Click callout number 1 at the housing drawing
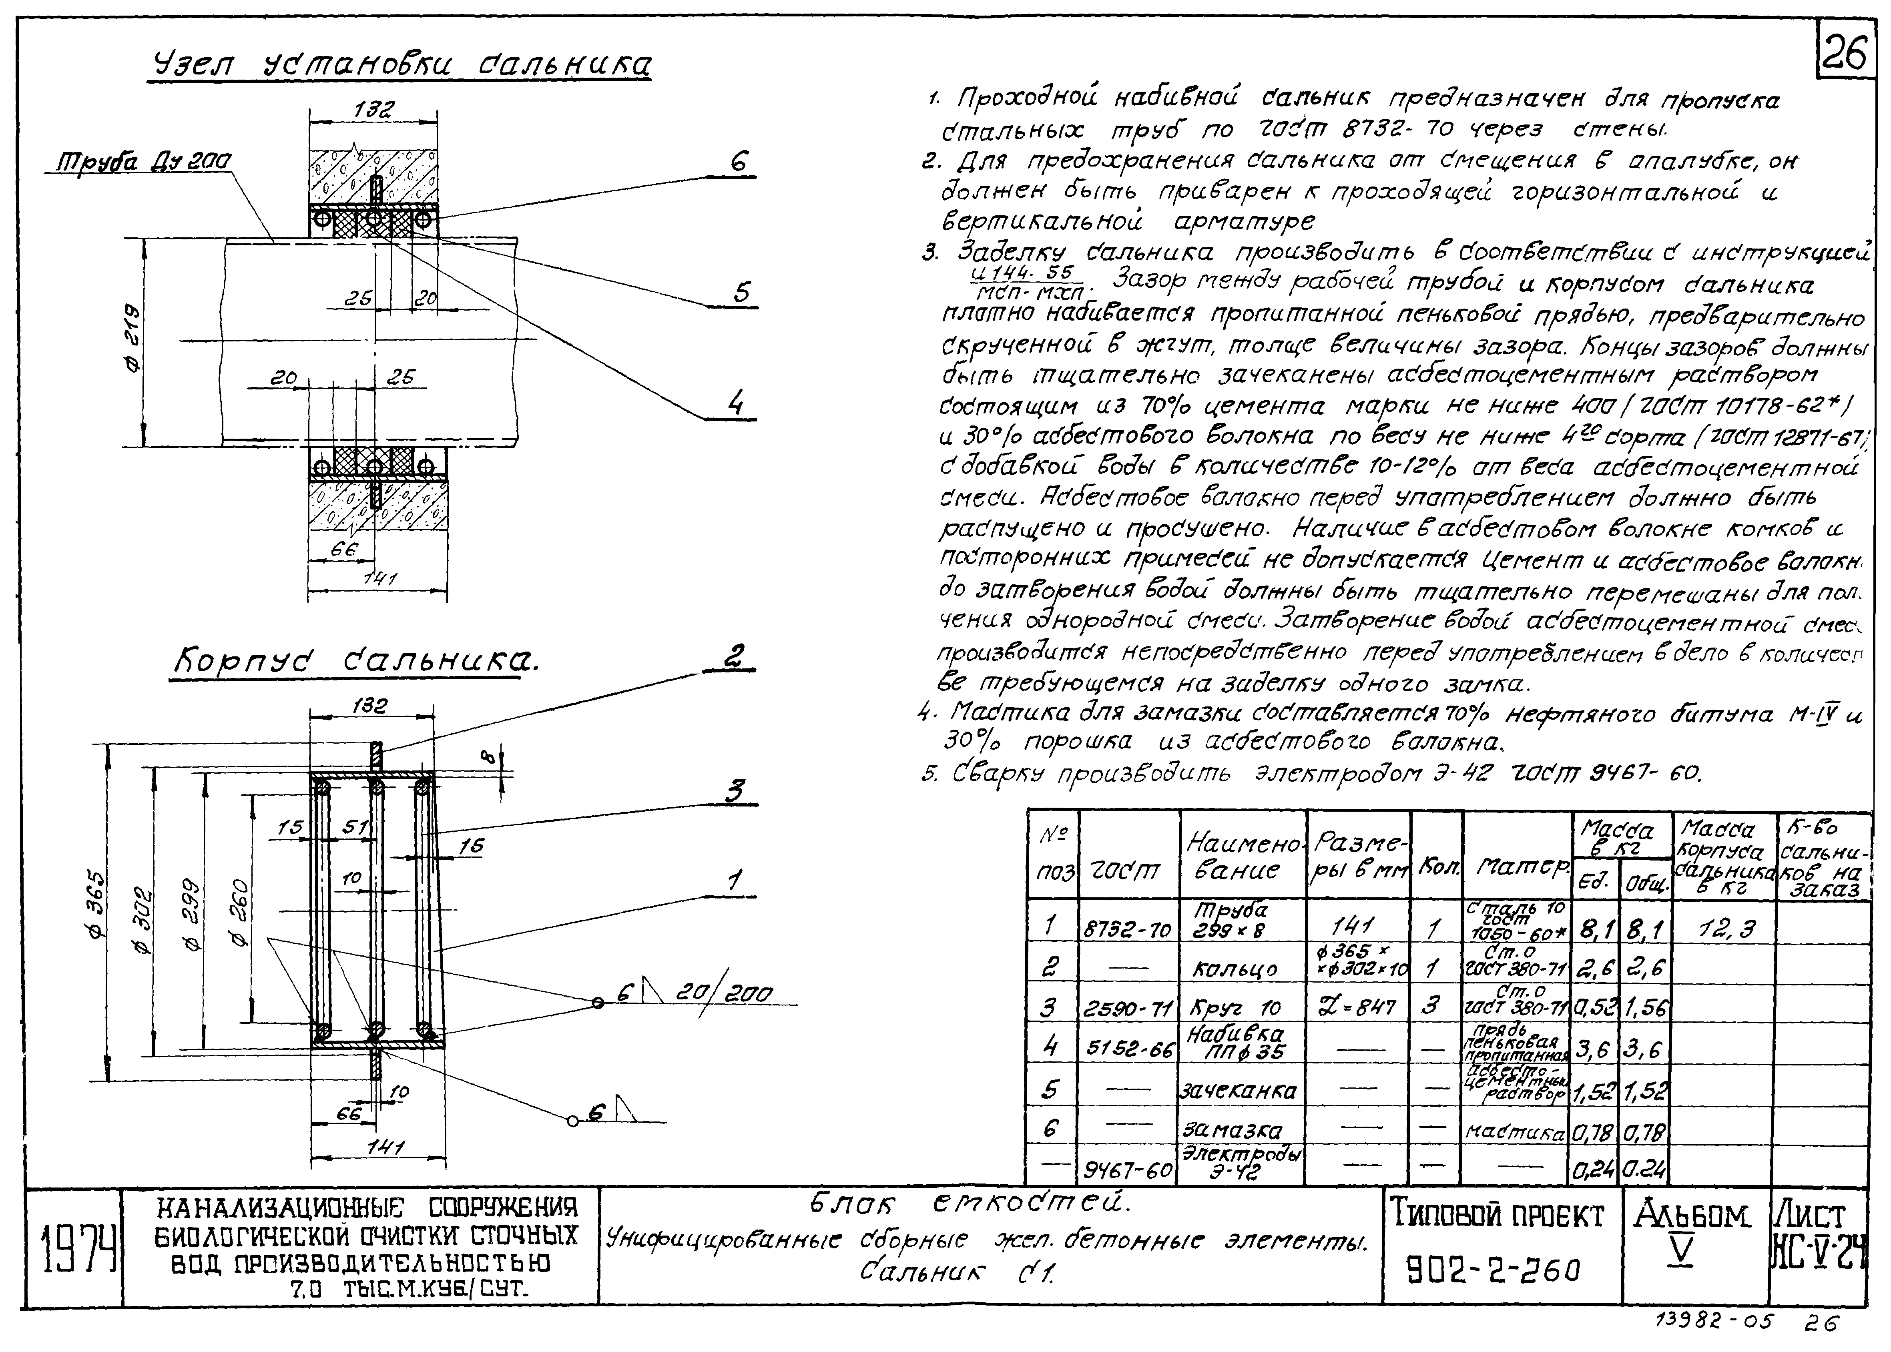pyautogui.click(x=734, y=881)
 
